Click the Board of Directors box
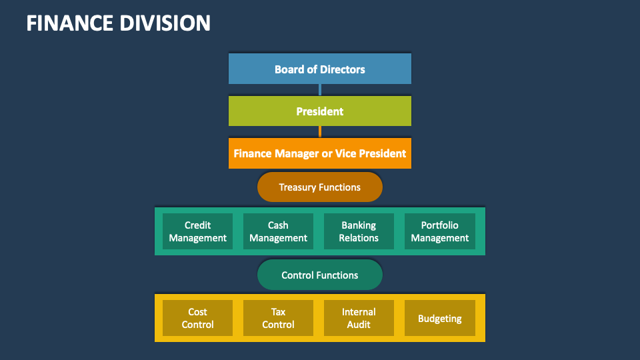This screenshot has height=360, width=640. pyautogui.click(x=320, y=69)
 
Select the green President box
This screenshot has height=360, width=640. pyautogui.click(x=320, y=111)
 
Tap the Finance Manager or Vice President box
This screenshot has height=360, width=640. pyautogui.click(x=320, y=153)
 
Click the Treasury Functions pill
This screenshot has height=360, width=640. pyautogui.click(x=320, y=187)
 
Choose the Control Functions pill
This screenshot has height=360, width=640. pyautogui.click(x=320, y=275)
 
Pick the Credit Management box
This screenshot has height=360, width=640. pyautogui.click(x=198, y=231)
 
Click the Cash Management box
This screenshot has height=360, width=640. pyautogui.click(x=278, y=231)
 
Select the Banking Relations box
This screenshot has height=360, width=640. pyautogui.click(x=359, y=231)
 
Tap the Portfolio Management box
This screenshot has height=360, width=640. pyautogui.click(x=440, y=231)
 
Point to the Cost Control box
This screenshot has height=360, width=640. pyautogui.click(x=198, y=318)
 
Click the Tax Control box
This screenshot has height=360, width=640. pyautogui.click(x=278, y=318)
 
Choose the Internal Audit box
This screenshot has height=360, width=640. pyautogui.click(x=359, y=318)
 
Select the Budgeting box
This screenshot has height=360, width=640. pyautogui.click(x=440, y=318)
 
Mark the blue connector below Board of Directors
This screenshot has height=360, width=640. pyautogui.click(x=320, y=90)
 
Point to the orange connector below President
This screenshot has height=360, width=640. pyautogui.click(x=320, y=132)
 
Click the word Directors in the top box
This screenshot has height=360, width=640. pyautogui.click(x=343, y=69)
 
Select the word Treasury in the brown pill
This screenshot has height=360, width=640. pyautogui.click(x=298, y=187)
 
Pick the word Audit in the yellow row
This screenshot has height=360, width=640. pyautogui.click(x=359, y=325)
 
